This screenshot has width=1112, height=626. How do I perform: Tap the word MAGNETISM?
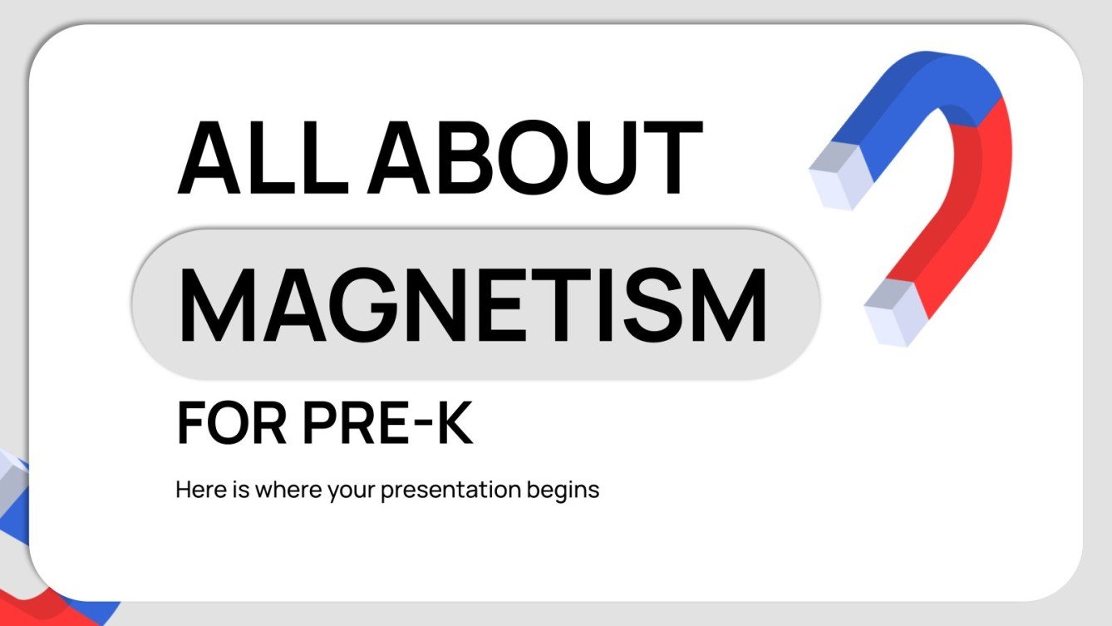(472, 303)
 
